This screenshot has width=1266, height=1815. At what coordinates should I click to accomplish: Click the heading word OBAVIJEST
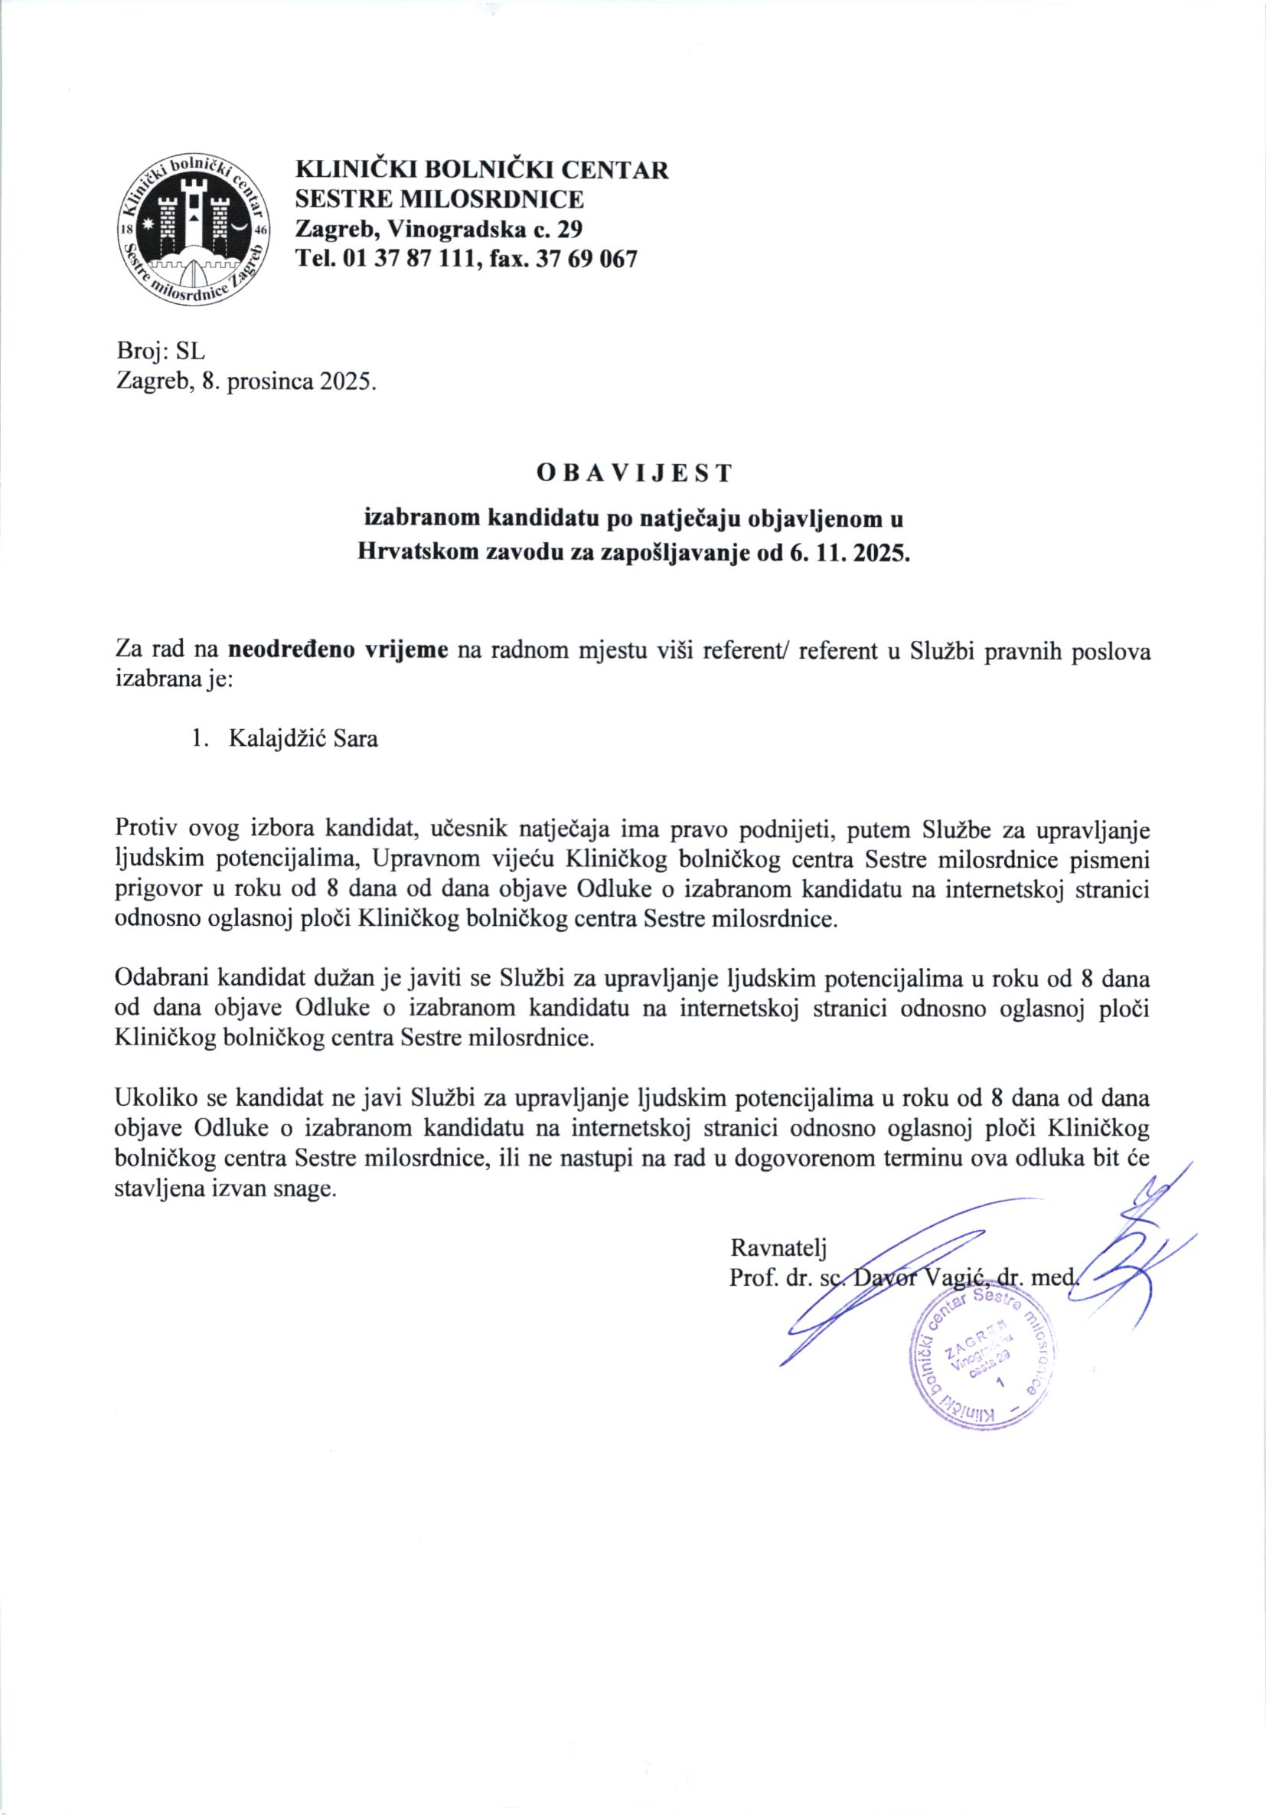pyautogui.click(x=634, y=473)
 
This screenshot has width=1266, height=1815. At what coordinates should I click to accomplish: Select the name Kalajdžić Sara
pyautogui.click(x=303, y=740)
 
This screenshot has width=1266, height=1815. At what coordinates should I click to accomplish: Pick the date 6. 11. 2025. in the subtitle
pyautogui.click(x=849, y=551)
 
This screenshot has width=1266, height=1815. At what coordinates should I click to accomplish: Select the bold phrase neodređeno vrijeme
pyautogui.click(x=339, y=652)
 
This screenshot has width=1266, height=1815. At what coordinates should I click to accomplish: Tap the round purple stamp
pyautogui.click(x=981, y=1362)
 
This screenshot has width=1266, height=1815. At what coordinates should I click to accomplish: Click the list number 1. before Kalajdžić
pyautogui.click(x=201, y=740)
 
